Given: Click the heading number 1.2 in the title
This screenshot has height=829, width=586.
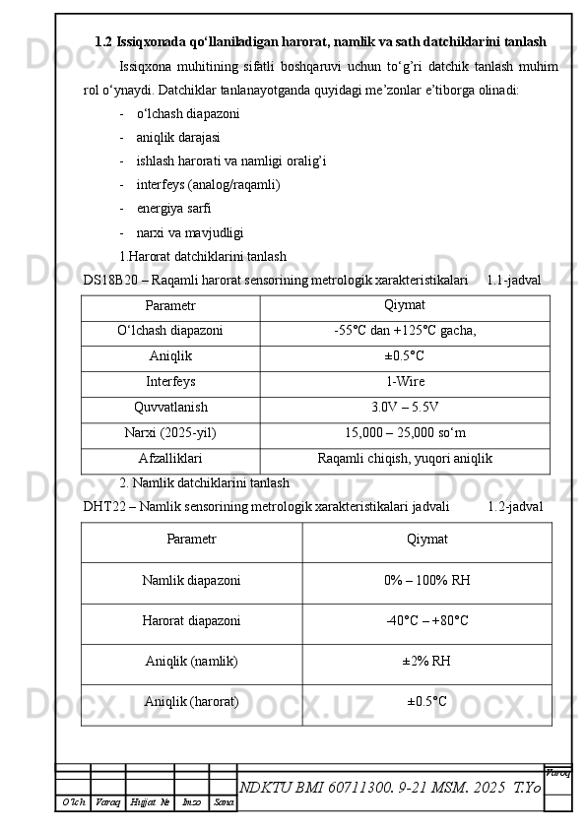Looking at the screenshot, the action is point(103,42).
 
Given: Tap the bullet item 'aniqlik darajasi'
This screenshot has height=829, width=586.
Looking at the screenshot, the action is point(178,136).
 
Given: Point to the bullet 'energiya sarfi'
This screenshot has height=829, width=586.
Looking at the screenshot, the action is point(173,208).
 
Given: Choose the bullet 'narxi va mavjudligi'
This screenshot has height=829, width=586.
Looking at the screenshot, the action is point(190,232).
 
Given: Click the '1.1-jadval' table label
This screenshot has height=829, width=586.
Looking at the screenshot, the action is point(513,280).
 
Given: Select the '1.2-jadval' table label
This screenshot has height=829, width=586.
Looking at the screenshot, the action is point(514,506).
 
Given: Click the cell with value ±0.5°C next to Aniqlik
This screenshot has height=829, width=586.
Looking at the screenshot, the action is point(405,356).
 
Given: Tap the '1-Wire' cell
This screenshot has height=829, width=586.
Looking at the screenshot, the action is point(405,382).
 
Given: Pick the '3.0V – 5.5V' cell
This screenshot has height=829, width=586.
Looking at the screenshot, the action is point(405,407).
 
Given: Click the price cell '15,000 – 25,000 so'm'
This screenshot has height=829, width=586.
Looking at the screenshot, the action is point(405,432).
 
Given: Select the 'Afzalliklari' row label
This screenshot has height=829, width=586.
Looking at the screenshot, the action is point(170,458).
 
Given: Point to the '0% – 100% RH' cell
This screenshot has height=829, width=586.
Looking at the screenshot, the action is point(426,581).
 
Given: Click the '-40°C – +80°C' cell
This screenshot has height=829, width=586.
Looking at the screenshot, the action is point(426,621).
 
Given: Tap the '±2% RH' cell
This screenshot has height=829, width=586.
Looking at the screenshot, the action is point(426,661).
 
